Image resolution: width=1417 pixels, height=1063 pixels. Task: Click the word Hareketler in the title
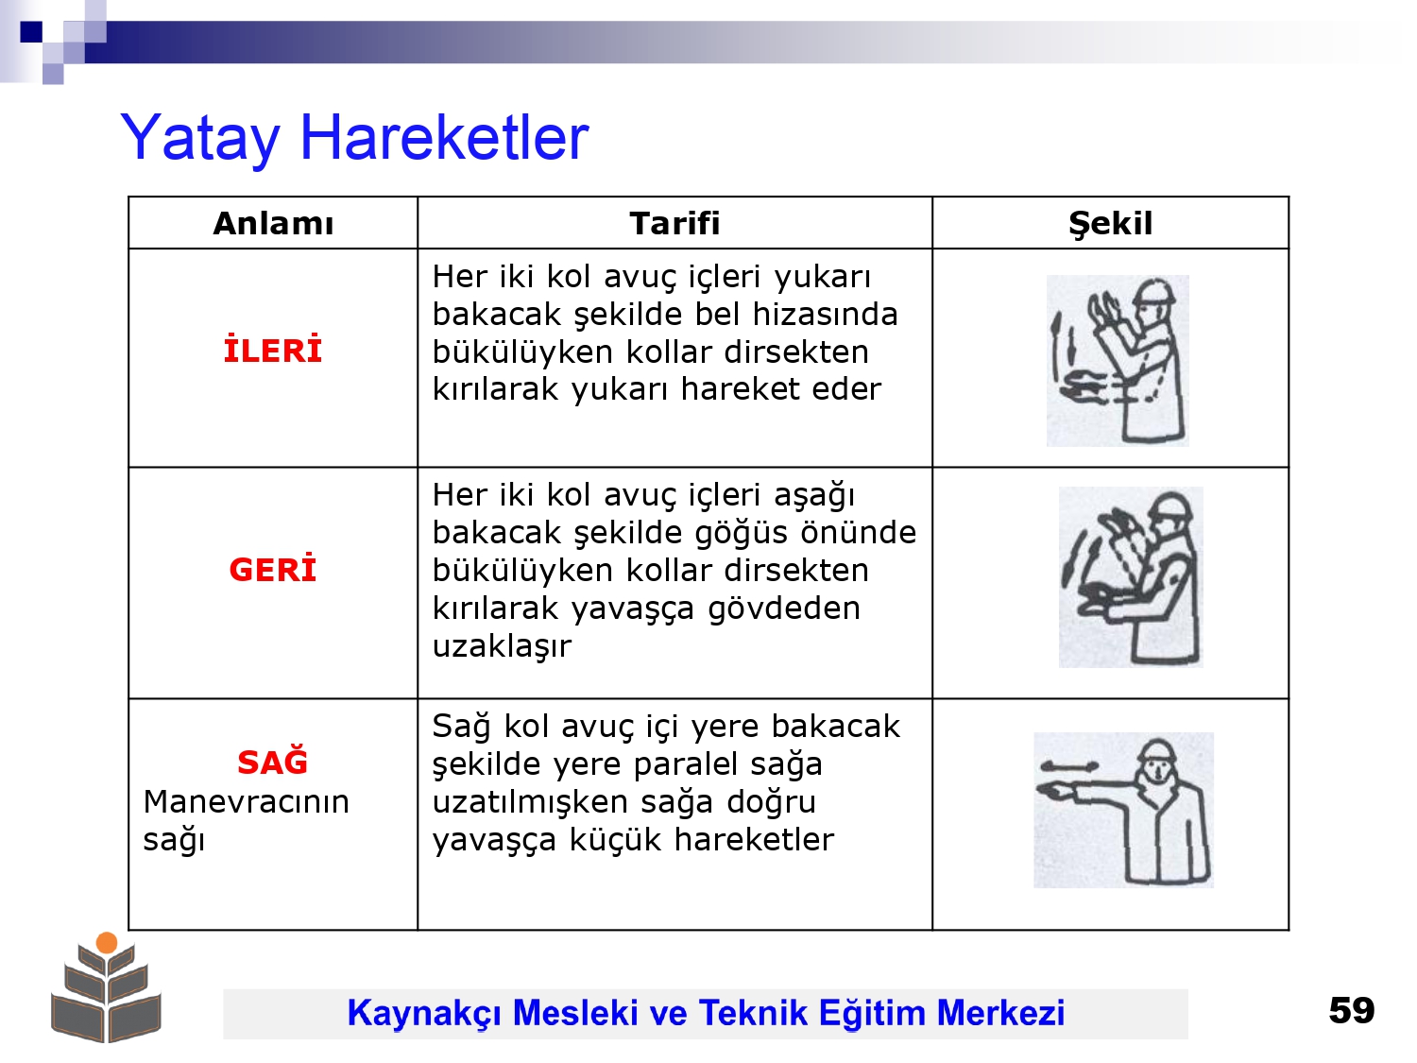point(445,137)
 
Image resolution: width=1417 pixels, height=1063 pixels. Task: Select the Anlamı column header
point(273,223)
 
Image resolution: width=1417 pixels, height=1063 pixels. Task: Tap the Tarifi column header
point(674,223)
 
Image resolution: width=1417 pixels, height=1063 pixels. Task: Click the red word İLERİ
point(272,350)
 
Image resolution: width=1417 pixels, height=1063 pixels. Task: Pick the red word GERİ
point(272,569)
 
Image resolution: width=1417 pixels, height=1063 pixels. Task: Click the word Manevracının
point(246,802)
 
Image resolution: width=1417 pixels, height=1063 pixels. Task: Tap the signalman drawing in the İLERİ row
point(1118,361)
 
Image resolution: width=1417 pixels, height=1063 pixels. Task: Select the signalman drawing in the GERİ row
point(1131,577)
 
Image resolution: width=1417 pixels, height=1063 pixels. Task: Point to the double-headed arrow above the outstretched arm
point(1069,766)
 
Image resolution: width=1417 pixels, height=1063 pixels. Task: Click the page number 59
point(1351,1010)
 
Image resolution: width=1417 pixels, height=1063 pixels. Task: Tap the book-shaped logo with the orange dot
point(106,987)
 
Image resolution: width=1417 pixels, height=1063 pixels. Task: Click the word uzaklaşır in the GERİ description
point(502,646)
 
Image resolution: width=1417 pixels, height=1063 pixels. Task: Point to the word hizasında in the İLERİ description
point(825,315)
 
